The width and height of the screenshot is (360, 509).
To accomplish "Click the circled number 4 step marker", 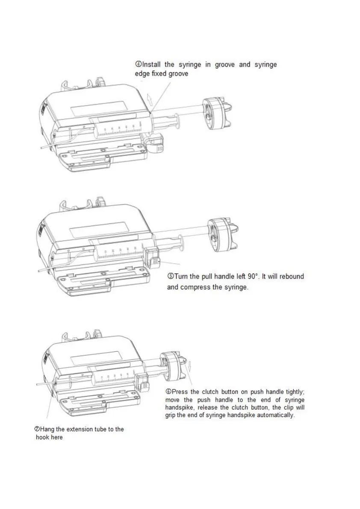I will [138, 65].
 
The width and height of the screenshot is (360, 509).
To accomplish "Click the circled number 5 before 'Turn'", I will [170, 277].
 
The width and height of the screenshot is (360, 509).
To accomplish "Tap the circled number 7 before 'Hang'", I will [37, 429].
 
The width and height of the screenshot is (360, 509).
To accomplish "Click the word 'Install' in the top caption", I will [152, 65].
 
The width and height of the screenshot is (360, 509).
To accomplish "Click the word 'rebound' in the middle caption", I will [292, 277].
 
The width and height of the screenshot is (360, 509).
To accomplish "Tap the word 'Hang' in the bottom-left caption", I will [47, 429].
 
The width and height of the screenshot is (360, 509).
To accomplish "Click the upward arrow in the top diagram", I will [148, 99].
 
